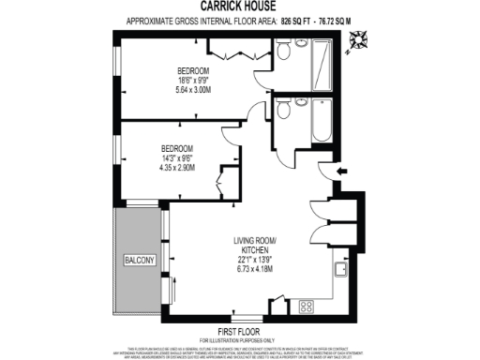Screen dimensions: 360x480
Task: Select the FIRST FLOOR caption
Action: pyautogui.click(x=239, y=333)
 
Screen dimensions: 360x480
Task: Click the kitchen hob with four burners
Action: pyautogui.click(x=306, y=306)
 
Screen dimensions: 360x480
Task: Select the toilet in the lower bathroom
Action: pyautogui.click(x=283, y=111)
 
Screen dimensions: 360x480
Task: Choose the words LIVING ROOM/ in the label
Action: pyautogui.click(x=258, y=240)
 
